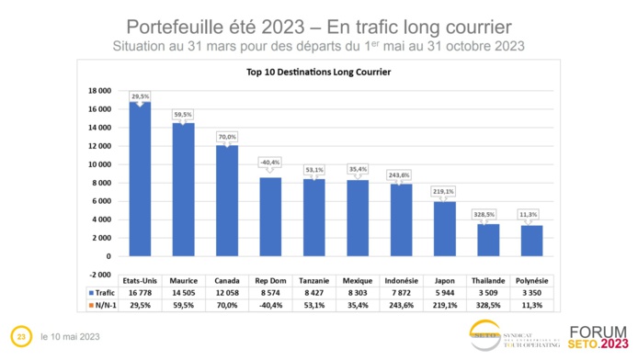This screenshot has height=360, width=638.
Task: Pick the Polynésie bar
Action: [x=531, y=241]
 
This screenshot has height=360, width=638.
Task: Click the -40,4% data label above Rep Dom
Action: [x=270, y=163]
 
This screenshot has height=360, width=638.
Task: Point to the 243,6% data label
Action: [x=401, y=175]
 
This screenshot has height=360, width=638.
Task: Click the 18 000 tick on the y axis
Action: [x=100, y=91]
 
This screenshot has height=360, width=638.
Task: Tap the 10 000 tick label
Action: [x=100, y=164]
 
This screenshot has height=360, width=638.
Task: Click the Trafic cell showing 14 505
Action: [x=183, y=290]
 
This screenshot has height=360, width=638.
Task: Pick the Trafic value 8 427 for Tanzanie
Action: [x=313, y=290]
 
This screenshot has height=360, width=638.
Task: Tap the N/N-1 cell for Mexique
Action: [x=357, y=304]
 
